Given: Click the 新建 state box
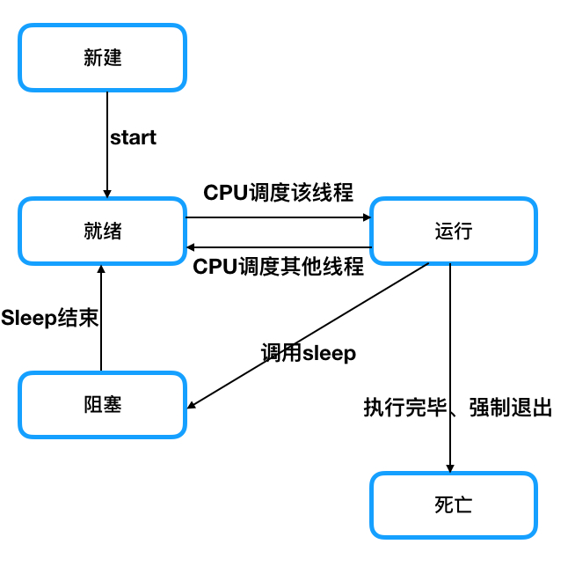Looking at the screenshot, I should point(102,57).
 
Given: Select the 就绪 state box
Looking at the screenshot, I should point(102,231).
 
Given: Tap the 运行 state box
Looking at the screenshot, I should point(453,231).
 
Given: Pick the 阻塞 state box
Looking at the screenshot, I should point(102,404).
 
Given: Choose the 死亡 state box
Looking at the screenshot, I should point(453,504).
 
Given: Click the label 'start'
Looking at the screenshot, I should point(133,137).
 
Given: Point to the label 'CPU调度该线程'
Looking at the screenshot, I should point(278,192).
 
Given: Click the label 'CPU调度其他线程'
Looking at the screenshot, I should point(278,267).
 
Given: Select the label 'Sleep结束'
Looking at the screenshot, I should point(49,318).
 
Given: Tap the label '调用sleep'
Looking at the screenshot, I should point(308,353).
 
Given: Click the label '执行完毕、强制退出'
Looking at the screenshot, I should point(458,408).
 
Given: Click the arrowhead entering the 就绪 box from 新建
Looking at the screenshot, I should point(107,193).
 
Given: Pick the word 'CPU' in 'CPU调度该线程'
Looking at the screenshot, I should point(222,192).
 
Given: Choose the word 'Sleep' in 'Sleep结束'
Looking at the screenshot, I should point(28,318).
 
